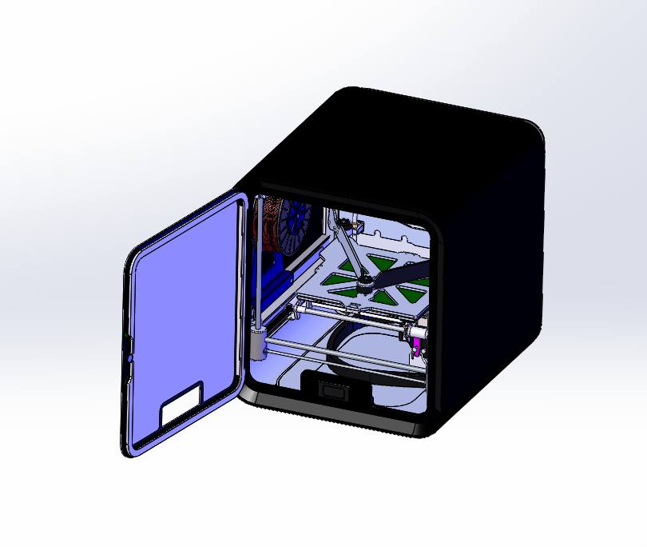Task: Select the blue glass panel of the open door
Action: [x=184, y=312]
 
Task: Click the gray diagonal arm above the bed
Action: [x=349, y=250]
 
